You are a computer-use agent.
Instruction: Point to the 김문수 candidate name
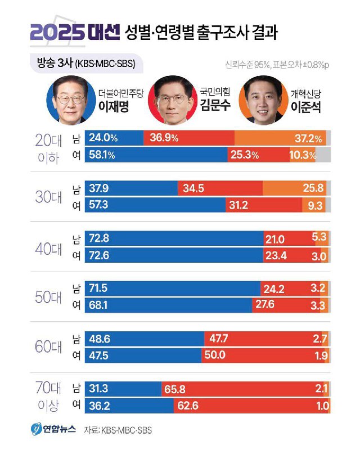click(x=215, y=106)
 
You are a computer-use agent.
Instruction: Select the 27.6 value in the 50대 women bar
click(x=268, y=305)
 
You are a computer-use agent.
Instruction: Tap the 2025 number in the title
click(x=57, y=33)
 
